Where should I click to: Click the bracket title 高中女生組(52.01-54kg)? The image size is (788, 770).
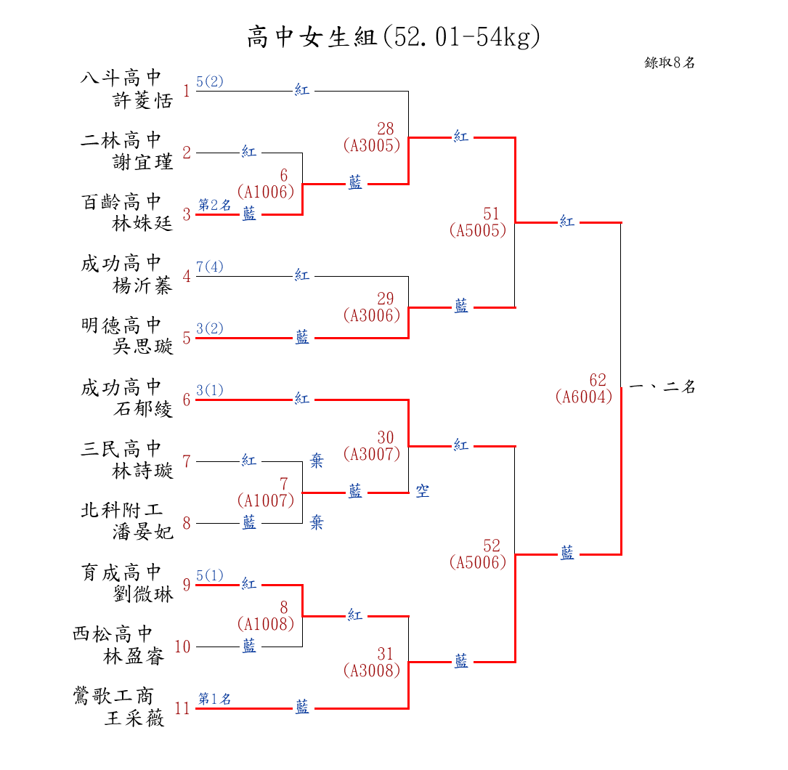point(393,36)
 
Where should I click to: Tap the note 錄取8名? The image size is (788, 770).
point(670,62)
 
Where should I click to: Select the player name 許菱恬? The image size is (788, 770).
point(143,101)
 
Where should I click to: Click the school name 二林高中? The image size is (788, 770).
point(121,140)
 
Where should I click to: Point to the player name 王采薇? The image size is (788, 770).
point(134,719)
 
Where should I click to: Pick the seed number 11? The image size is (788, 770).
point(182,708)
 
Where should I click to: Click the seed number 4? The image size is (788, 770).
point(187,276)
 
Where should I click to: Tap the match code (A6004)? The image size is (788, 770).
point(583,397)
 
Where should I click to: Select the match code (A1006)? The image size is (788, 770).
point(265,192)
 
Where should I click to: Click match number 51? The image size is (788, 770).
point(492,214)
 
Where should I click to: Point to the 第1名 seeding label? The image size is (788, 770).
point(215,699)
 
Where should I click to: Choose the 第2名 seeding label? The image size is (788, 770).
point(215,205)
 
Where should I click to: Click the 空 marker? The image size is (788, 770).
point(423,493)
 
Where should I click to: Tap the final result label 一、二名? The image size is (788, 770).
point(662,387)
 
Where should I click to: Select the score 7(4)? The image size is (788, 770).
point(210,267)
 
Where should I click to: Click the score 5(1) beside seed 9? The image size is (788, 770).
point(210,575)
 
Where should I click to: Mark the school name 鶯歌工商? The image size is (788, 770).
point(113,696)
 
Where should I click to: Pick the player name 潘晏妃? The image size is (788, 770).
point(143,533)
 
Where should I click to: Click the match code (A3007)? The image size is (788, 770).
point(371,455)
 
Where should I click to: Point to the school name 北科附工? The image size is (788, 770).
point(121,511)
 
